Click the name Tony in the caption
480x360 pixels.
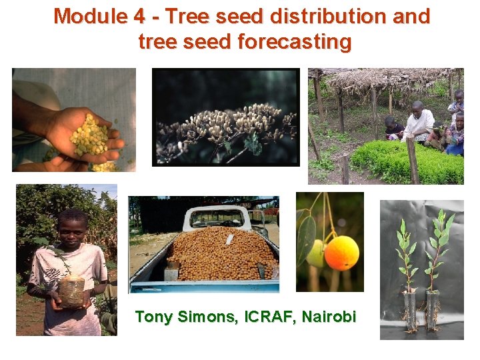pyautogui.click(x=153, y=317)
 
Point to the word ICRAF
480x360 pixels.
pyautogui.click(x=269, y=317)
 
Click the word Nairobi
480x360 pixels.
pyautogui.click(x=329, y=317)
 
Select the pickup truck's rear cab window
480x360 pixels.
pyautogui.click(x=216, y=217)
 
